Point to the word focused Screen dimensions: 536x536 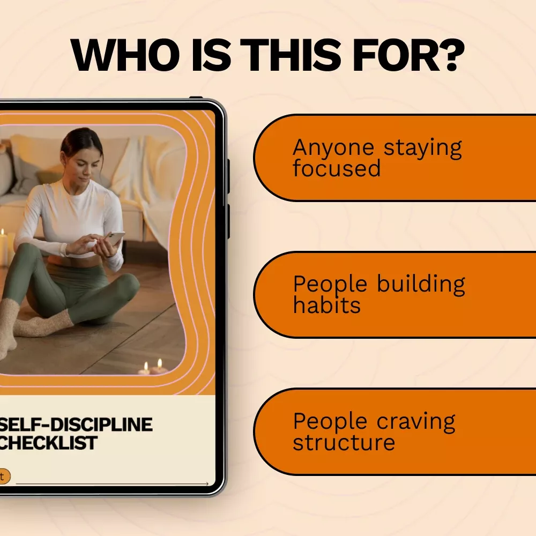click(x=337, y=168)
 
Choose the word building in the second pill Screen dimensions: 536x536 click(x=421, y=284)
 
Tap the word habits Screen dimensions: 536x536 click(x=327, y=304)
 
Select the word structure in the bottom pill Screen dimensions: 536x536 click(x=344, y=442)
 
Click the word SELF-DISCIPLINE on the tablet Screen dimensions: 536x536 click(x=76, y=425)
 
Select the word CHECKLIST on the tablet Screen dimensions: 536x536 click(x=48, y=443)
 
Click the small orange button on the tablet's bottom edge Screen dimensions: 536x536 click(x=4, y=476)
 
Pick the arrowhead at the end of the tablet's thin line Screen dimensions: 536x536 click(x=207, y=483)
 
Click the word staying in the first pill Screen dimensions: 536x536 click(x=423, y=148)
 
